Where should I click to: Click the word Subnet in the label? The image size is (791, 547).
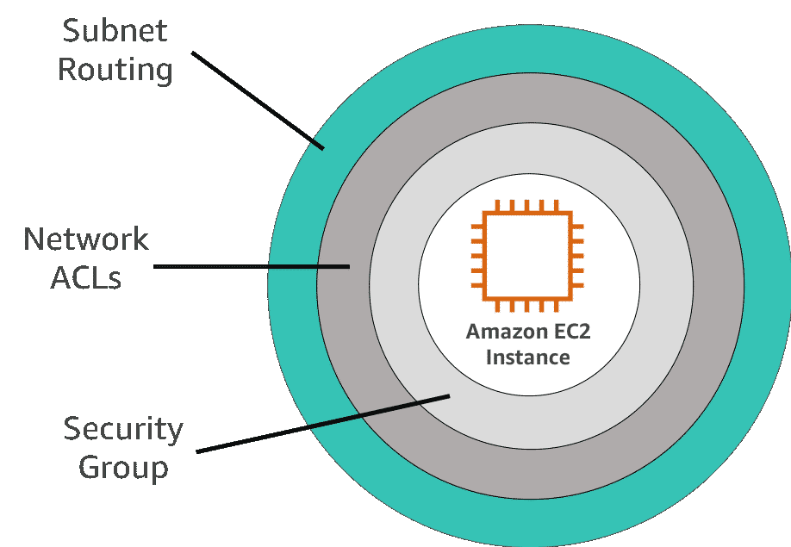(x=115, y=31)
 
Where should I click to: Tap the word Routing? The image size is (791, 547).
(x=115, y=70)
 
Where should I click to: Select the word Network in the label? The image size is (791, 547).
(x=86, y=239)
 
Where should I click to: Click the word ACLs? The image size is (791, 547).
(x=86, y=277)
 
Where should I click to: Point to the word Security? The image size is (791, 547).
(x=123, y=429)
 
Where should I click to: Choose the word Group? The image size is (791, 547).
(x=123, y=468)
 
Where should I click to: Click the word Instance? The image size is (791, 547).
(x=528, y=357)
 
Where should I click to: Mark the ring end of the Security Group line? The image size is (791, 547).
(x=448, y=396)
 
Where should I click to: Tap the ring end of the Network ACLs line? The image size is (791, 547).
(x=348, y=267)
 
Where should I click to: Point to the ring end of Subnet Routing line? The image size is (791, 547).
(x=323, y=148)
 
